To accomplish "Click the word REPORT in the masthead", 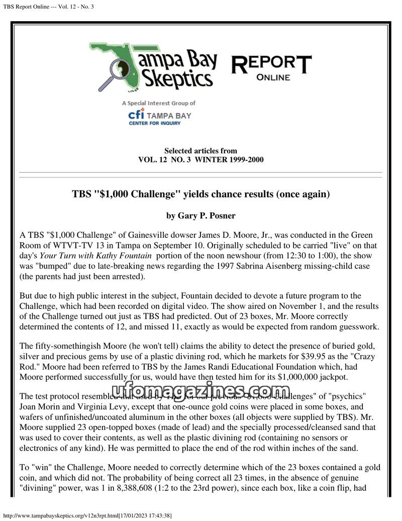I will pyautogui.click(x=271, y=64).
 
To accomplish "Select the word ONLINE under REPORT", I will pyautogui.click(x=273, y=77).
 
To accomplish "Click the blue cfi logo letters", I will pyautogui.click(x=136, y=115).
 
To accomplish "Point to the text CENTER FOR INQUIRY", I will pyautogui.click(x=154, y=123).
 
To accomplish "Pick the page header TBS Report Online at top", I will pyautogui.click(x=48, y=6).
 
